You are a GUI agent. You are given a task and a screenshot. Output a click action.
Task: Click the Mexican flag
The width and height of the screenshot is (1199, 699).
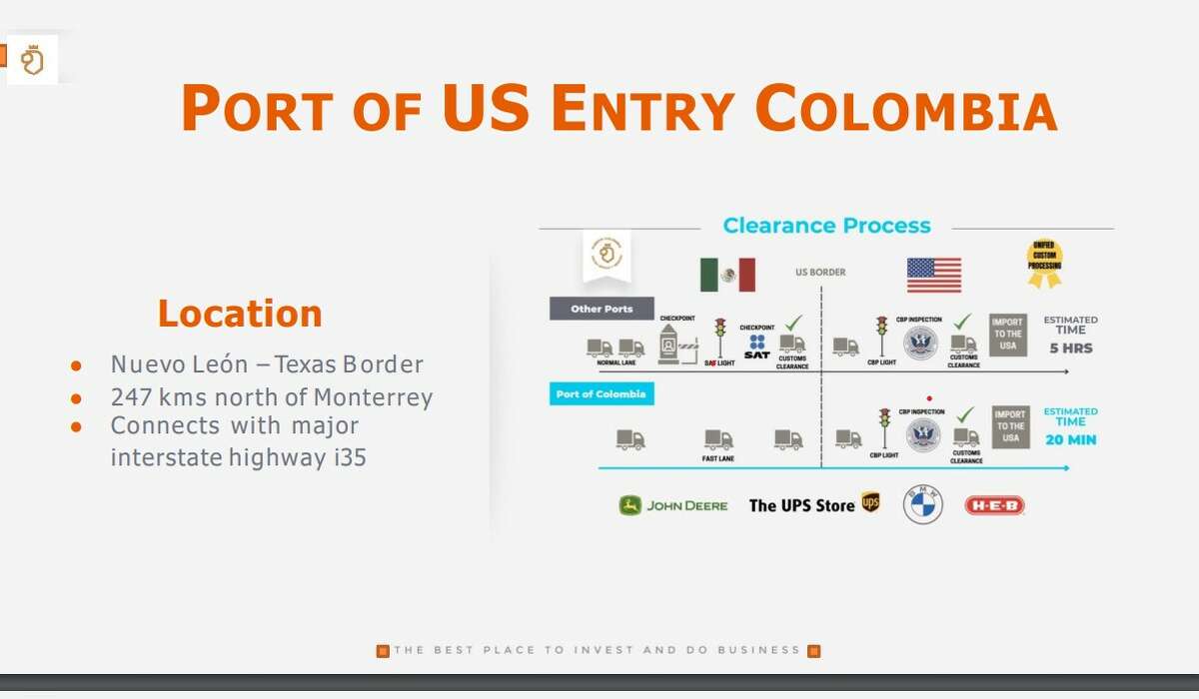pyautogui.click(x=727, y=275)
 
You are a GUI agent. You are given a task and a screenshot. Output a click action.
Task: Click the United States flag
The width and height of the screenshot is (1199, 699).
pyautogui.click(x=934, y=275)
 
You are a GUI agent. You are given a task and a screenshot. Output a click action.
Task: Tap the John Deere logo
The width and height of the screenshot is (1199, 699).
pyautogui.click(x=673, y=505)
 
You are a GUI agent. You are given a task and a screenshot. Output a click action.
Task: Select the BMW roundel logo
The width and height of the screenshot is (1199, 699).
pyautogui.click(x=922, y=504)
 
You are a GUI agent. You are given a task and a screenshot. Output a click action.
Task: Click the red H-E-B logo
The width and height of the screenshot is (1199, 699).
pyautogui.click(x=994, y=505)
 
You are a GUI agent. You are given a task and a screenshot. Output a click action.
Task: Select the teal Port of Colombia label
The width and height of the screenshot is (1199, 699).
pyautogui.click(x=601, y=394)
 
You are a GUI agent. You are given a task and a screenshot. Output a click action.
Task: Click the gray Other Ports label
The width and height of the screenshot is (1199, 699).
pyautogui.click(x=601, y=309)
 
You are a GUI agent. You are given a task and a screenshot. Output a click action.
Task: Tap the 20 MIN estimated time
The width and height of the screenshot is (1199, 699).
pyautogui.click(x=1070, y=439)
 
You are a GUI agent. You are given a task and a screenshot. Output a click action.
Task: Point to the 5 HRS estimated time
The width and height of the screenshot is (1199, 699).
pyautogui.click(x=1070, y=349)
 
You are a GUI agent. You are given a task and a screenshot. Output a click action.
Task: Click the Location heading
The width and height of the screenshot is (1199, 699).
pyautogui.click(x=240, y=314)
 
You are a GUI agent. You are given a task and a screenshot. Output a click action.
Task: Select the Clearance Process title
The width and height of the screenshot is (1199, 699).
pyautogui.click(x=826, y=226)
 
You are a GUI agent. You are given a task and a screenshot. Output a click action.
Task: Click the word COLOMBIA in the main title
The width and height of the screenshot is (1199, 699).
pyautogui.click(x=905, y=109)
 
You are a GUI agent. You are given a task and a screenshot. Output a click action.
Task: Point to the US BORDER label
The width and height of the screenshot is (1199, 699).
pyautogui.click(x=820, y=272)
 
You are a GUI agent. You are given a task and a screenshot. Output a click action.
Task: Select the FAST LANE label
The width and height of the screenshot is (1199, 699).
pyautogui.click(x=718, y=459)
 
